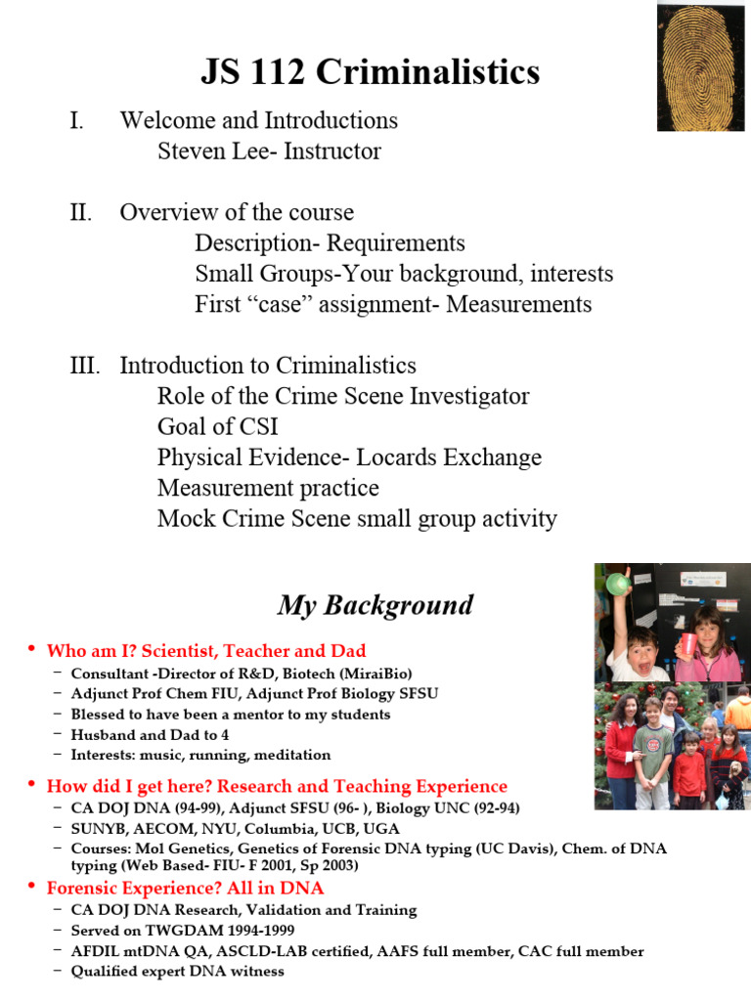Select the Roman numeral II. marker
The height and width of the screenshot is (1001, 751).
pyautogui.click(x=80, y=213)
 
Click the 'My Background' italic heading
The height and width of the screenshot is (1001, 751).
pyautogui.click(x=375, y=605)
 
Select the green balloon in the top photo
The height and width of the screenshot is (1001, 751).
pyautogui.click(x=616, y=584)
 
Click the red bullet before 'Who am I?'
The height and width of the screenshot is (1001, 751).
pyautogui.click(x=31, y=650)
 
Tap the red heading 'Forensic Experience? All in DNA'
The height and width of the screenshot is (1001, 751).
pyautogui.click(x=186, y=889)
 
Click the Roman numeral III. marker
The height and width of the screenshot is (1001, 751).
pyautogui.click(x=85, y=366)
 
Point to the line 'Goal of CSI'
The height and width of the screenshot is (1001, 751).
pyautogui.click(x=217, y=427)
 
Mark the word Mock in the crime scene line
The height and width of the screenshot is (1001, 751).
pyautogui.click(x=187, y=518)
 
